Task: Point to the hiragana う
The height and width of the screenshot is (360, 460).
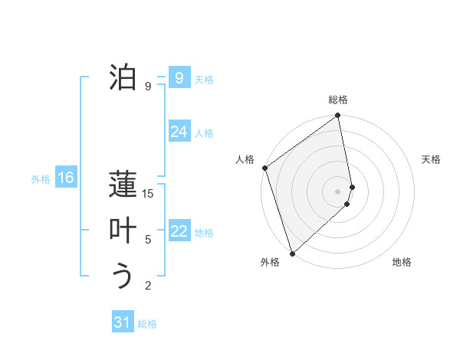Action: click(x=123, y=276)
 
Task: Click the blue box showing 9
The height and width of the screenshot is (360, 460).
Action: click(x=179, y=77)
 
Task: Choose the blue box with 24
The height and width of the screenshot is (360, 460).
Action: click(x=179, y=132)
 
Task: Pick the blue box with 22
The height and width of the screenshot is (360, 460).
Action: click(x=179, y=231)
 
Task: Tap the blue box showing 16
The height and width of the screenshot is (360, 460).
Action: click(x=65, y=178)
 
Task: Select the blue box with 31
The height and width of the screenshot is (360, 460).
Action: click(x=123, y=322)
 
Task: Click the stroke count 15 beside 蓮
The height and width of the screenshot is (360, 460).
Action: click(x=148, y=194)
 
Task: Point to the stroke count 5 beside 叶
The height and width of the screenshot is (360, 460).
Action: click(x=148, y=240)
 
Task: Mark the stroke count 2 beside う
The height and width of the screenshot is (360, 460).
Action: click(x=148, y=286)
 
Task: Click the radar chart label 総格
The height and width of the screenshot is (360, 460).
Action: click(x=338, y=100)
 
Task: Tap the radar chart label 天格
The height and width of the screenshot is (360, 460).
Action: click(x=432, y=159)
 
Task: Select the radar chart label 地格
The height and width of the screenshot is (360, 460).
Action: click(x=402, y=262)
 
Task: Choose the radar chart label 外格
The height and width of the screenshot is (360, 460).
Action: click(x=270, y=262)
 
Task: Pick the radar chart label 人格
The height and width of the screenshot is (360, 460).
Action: click(x=245, y=159)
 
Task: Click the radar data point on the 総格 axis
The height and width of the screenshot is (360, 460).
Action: click(x=338, y=116)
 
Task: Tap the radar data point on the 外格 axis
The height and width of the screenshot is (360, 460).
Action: click(x=292, y=253)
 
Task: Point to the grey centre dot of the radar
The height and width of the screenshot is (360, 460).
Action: click(x=338, y=190)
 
